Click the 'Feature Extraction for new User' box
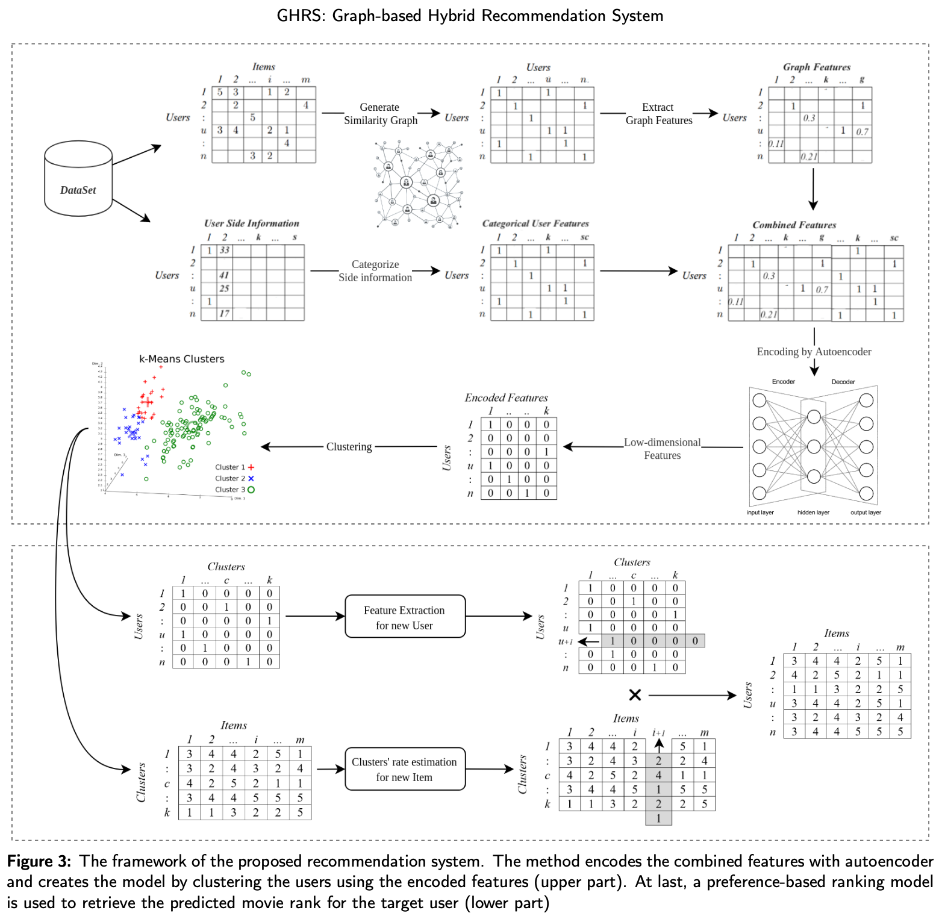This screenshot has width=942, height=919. tap(405, 617)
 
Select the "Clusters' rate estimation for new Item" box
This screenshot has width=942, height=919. tap(405, 769)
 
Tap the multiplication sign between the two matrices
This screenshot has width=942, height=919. tap(635, 695)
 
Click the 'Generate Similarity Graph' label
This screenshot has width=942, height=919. tap(380, 114)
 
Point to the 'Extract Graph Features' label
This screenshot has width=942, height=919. tap(658, 114)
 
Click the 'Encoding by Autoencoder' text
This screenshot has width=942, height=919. tap(814, 352)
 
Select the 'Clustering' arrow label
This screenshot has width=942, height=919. tap(349, 447)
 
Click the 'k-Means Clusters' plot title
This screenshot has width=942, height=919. tap(182, 359)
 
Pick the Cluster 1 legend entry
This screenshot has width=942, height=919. tap(234, 467)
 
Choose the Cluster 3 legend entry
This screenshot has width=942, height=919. tap(234, 490)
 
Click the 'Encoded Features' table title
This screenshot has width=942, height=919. tap(506, 397)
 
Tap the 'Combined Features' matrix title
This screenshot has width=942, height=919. tap(794, 225)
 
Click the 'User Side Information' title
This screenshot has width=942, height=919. tap(251, 223)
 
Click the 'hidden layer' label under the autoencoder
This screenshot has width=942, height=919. tap(813, 512)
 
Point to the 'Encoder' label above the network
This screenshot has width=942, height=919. tap(783, 382)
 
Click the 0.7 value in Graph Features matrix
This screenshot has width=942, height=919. tap(862, 131)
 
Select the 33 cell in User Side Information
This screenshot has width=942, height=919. tap(225, 250)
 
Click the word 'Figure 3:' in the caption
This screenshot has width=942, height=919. tap(39, 861)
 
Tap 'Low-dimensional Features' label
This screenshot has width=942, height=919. tap(662, 449)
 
